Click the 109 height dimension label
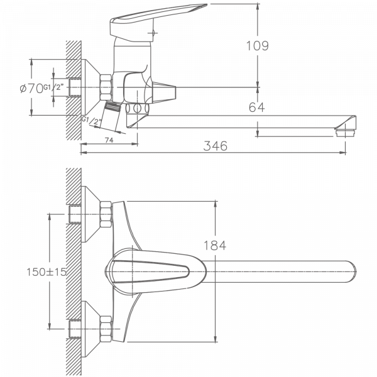coord(257,46)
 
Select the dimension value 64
coord(256,108)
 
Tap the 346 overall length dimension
coord(215,146)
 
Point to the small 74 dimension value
coord(109,141)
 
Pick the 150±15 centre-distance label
coord(46,272)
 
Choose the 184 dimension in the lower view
coord(215,246)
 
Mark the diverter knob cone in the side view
coord(165,92)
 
